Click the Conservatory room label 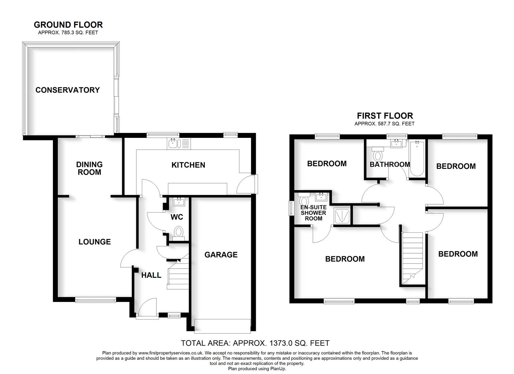tap(67, 90)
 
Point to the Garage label tap(221, 255)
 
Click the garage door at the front tap(222, 326)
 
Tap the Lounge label tap(94, 242)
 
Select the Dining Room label tap(89, 168)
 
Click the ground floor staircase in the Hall tap(179, 275)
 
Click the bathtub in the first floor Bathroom tap(417, 159)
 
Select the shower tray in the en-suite tap(342, 216)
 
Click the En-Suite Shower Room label tap(313, 213)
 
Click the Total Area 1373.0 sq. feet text tap(255, 343)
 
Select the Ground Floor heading tap(68, 25)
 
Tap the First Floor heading tap(385, 116)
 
